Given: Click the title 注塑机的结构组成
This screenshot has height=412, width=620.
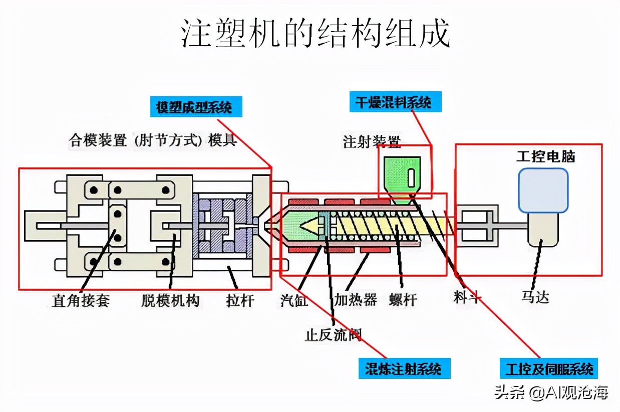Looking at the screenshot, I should click(316, 35).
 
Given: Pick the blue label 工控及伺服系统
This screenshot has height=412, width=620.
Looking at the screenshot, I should click(549, 369).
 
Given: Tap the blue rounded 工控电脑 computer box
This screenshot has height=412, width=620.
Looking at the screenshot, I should click(543, 190).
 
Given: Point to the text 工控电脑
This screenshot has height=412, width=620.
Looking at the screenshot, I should click(545, 157).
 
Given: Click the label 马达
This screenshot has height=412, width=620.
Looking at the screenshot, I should click(535, 297).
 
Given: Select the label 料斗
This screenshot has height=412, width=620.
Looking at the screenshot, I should click(467, 297).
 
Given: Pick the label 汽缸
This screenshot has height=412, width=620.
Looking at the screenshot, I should click(294, 300).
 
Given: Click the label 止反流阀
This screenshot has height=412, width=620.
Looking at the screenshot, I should click(334, 334).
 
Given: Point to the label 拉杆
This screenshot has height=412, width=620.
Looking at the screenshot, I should click(240, 300).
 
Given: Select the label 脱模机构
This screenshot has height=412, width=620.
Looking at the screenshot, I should click(170, 300).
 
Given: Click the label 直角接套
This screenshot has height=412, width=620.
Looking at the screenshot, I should click(81, 300).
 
